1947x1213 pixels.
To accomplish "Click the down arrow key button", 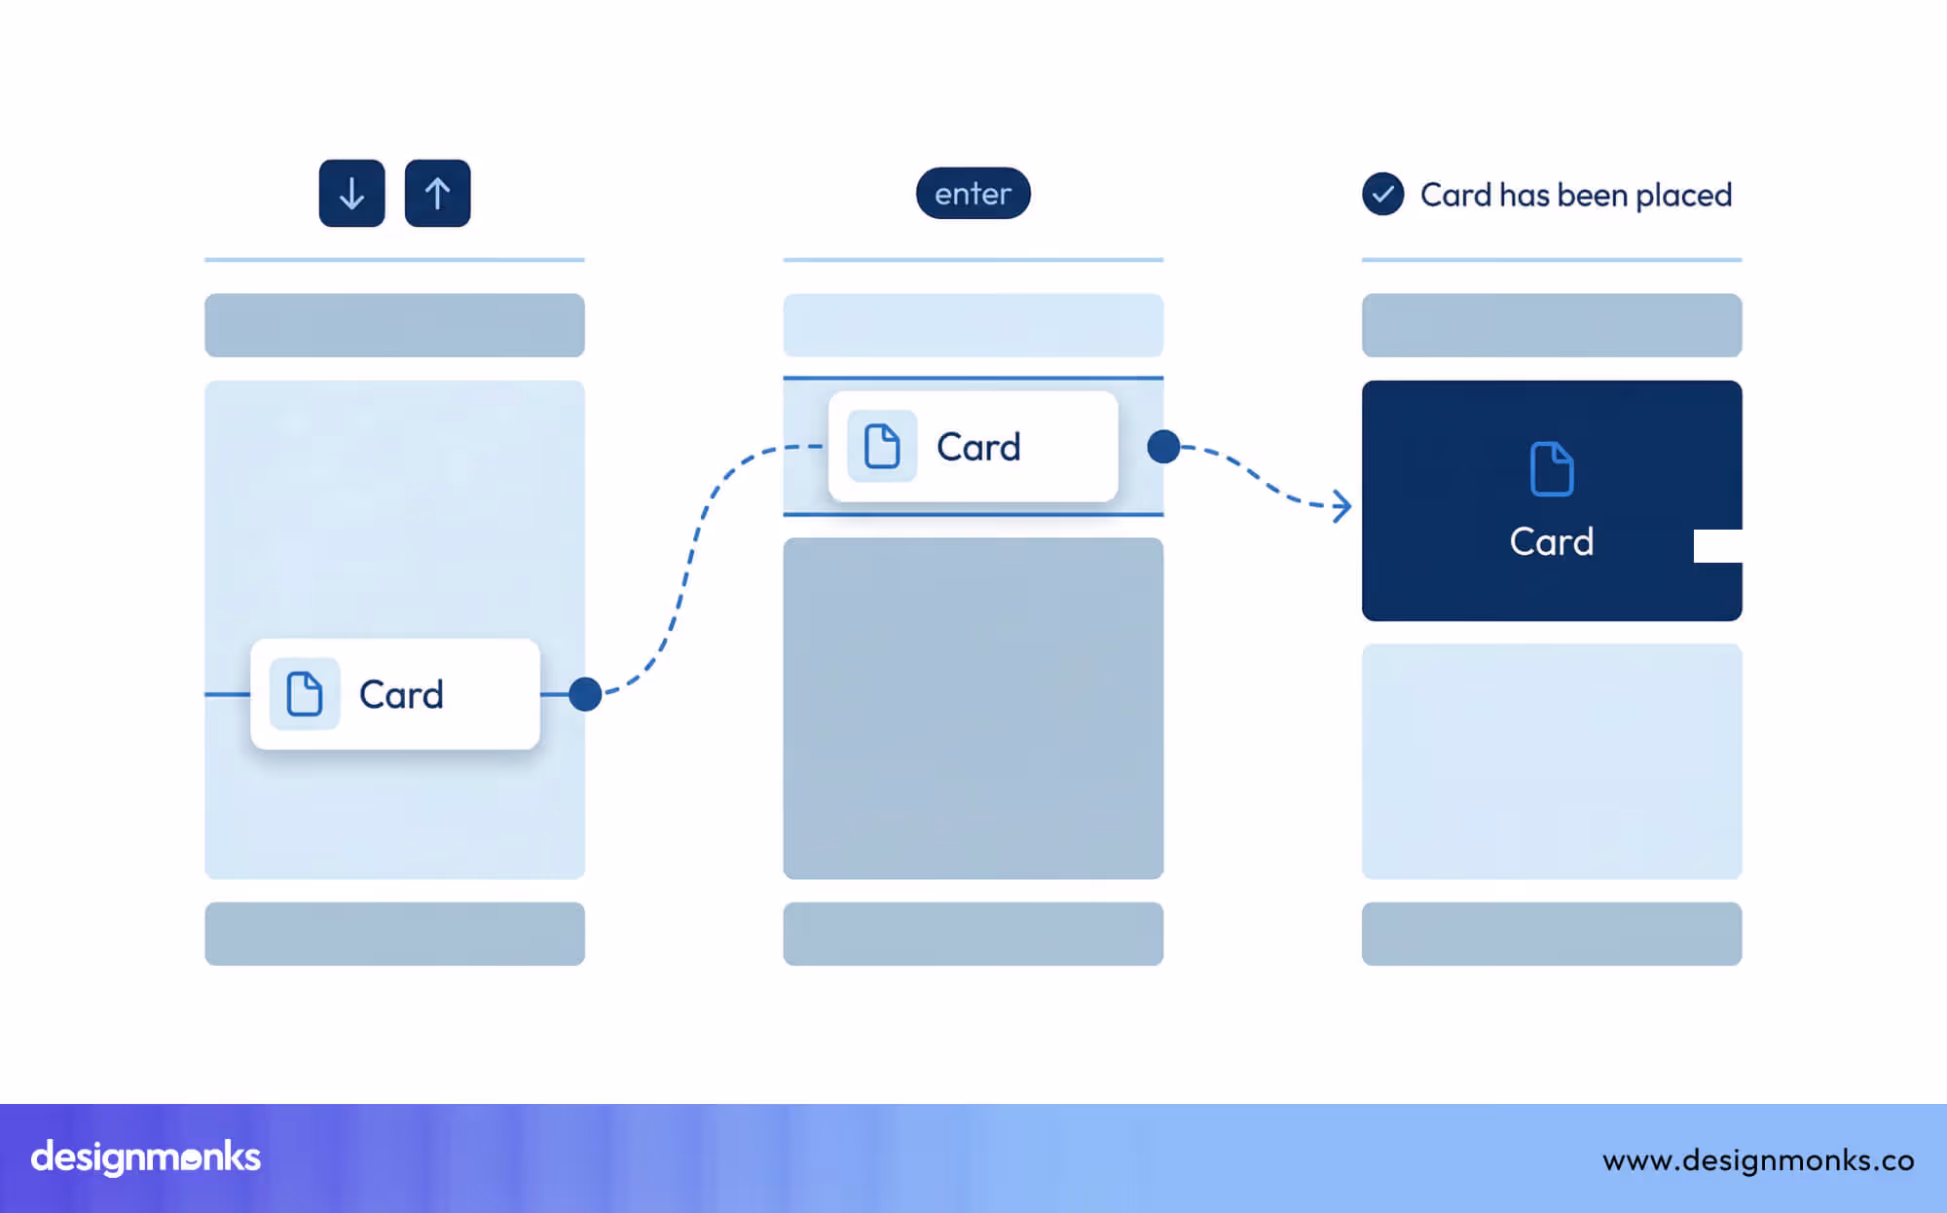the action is coord(351,194).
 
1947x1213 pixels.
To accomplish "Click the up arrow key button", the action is coord(437,194).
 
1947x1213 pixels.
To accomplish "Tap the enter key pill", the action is coord(973,194).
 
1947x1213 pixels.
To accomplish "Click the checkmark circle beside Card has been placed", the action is coord(1382,194).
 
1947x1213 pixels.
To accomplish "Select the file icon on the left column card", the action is coord(305,694).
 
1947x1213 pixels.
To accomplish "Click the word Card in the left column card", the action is coord(401,695).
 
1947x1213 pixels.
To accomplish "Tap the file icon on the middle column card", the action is coord(882,447).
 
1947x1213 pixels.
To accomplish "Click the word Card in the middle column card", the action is coord(978,448).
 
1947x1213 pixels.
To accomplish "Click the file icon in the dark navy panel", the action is coord(1552,469).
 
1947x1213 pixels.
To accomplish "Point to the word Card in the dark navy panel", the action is coord(1552,541).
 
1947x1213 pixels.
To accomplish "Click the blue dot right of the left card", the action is coord(585,694).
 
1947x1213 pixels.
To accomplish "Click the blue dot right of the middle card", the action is coord(1163,447).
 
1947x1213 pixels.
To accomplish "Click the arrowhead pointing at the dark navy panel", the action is coord(1342,506).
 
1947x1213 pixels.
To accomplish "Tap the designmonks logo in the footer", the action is coord(146,1158).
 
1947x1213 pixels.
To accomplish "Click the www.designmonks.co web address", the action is coord(1758,1160).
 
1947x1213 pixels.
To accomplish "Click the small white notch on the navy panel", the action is coord(1717,546).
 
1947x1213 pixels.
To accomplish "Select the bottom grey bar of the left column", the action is coord(394,934).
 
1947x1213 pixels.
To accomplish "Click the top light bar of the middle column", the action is coord(973,325).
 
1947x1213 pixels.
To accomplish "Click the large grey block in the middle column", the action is coord(973,709).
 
